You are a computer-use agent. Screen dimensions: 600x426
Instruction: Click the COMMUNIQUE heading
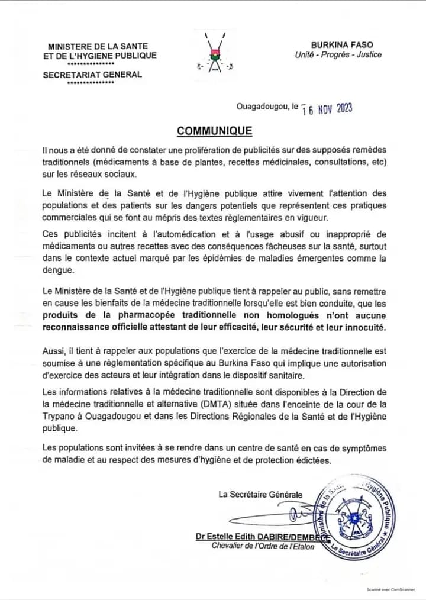coord(215,131)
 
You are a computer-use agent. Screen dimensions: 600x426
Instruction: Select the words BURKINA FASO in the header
coord(342,45)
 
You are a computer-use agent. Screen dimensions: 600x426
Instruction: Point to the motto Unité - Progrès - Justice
coord(338,55)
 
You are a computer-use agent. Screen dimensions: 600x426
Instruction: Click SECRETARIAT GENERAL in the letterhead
coord(92,75)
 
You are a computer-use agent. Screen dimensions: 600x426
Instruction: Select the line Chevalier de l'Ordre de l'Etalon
coord(263,546)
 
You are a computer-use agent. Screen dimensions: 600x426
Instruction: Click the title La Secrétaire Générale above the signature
coord(260,495)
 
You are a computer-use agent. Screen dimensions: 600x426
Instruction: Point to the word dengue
coord(58,269)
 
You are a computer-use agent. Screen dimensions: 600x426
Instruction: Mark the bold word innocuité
coord(363,327)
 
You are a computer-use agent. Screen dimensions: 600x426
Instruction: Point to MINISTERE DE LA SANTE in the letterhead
coord(98,46)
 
